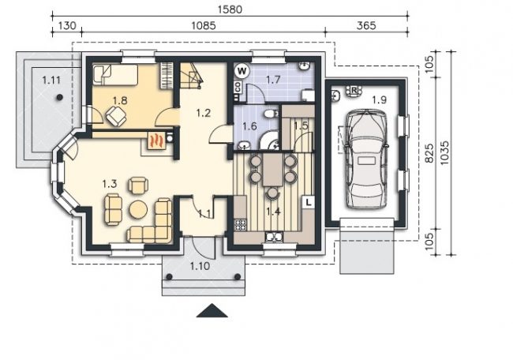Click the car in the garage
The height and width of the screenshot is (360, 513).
pos(365,159)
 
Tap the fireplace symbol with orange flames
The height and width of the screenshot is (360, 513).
pos(156,141)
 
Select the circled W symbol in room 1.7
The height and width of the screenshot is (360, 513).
pos(242,71)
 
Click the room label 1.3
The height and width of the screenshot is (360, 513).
pos(110,184)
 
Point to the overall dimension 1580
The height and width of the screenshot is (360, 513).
pos(230,9)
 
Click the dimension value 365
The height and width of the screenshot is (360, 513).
pos(366,25)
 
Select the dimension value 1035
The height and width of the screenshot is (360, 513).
pos(444,153)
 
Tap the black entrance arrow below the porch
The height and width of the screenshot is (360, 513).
pos(212,310)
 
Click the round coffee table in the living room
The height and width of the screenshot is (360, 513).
pos(138,209)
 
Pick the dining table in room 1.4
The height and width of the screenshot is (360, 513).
pos(272,170)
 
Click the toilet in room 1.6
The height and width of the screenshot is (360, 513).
pos(270,114)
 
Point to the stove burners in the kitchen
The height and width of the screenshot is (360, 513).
pos(241,225)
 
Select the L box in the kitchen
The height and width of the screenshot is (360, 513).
pos(309,203)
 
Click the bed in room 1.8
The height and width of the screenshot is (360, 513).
pos(115,75)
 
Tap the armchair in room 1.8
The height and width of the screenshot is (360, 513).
pos(115,116)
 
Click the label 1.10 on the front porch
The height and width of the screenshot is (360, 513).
pos(200,266)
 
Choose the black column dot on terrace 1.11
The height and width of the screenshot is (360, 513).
pos(59,97)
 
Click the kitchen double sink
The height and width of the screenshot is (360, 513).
pos(274,236)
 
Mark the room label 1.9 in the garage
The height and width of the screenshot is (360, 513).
pos(380,99)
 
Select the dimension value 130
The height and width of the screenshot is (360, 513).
pos(67,25)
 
